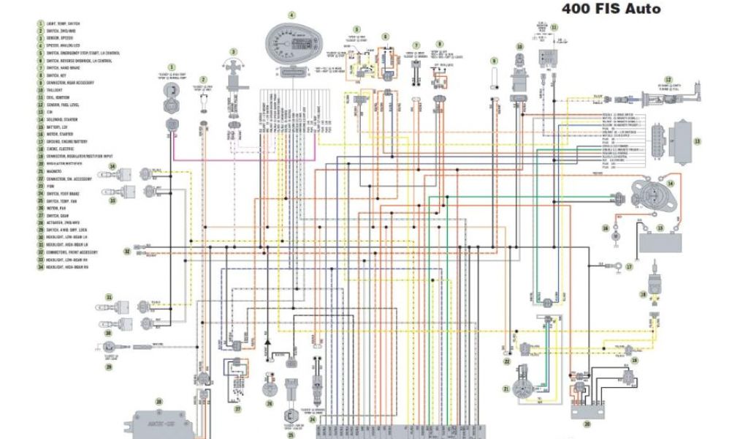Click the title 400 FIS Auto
(x=611, y=9)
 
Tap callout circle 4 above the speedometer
(x=291, y=15)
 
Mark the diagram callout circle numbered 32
(x=126, y=252)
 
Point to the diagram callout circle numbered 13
(x=697, y=141)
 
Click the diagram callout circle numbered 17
(x=627, y=268)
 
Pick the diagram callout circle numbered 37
(x=237, y=410)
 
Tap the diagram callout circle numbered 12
(x=668, y=78)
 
